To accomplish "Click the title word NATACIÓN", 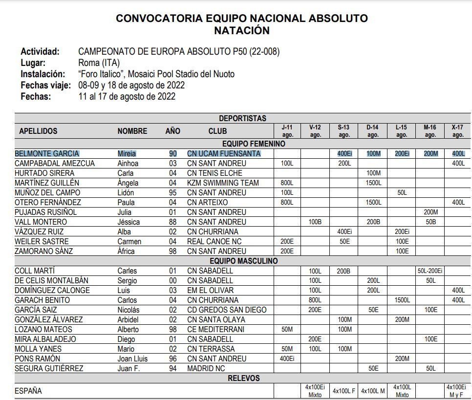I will click(241, 30).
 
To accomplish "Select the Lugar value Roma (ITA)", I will click(99, 63).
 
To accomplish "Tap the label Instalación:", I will click(43, 74).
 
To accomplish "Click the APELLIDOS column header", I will click(38, 131).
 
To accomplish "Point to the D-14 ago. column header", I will click(373, 131).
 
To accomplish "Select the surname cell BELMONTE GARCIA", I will click(47, 153).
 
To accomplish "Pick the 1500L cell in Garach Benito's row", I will click(402, 300).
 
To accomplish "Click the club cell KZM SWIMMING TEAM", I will click(223, 183).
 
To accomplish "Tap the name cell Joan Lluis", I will click(132, 358).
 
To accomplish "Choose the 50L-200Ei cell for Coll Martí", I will click(430, 271).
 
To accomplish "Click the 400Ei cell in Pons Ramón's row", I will click(287, 358).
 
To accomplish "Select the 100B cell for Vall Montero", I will click(315, 222).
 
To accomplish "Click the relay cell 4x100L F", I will click(344, 391).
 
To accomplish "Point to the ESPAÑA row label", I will click(28, 391).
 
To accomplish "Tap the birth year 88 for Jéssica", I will click(172, 222).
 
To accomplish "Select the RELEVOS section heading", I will click(243, 378).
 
